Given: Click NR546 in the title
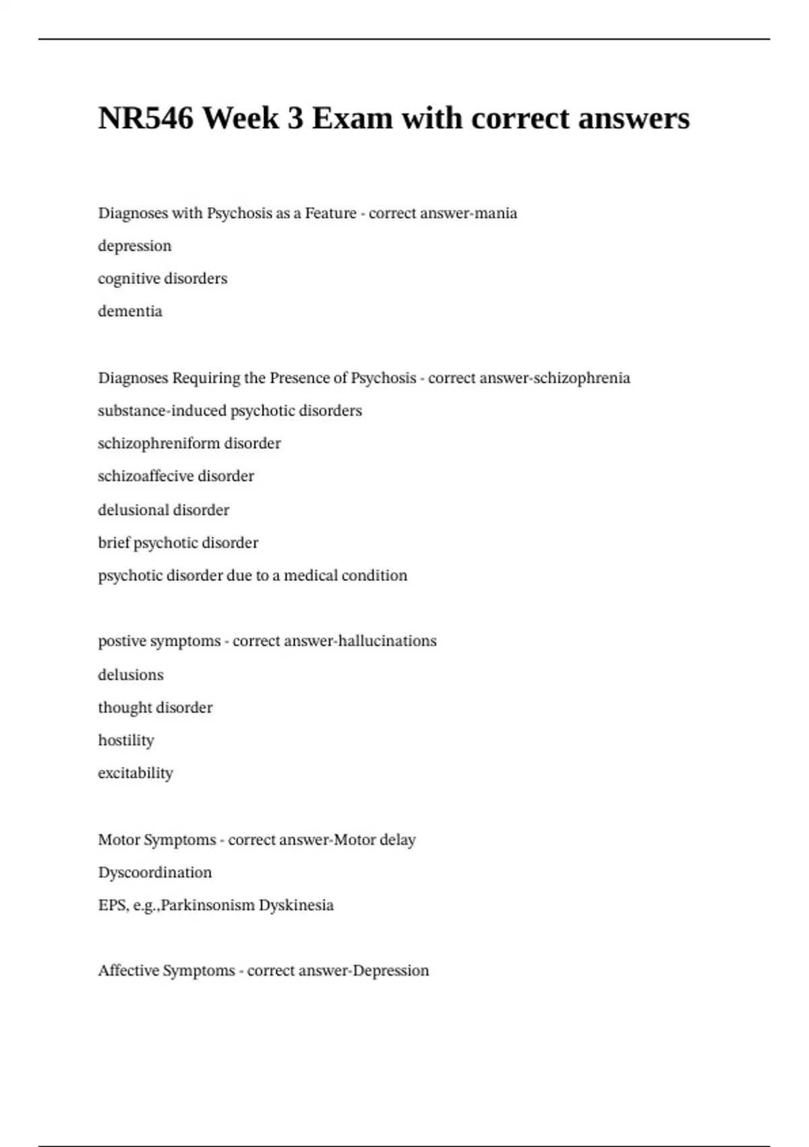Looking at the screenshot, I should (x=146, y=119).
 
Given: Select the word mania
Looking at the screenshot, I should (x=496, y=213).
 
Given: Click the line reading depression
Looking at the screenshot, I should (x=135, y=246).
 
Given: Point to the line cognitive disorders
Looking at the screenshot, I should (x=162, y=279).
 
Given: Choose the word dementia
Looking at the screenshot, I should (x=130, y=311).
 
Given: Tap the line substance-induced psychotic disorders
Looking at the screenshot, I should (x=230, y=411).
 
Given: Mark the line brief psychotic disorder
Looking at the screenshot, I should (x=178, y=543).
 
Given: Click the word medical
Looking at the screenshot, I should (x=311, y=576).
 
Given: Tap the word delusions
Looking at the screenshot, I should (x=131, y=675).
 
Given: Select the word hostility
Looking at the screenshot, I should (x=126, y=740).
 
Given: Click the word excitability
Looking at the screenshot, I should (x=136, y=773).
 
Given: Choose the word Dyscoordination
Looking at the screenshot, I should (x=155, y=872).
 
